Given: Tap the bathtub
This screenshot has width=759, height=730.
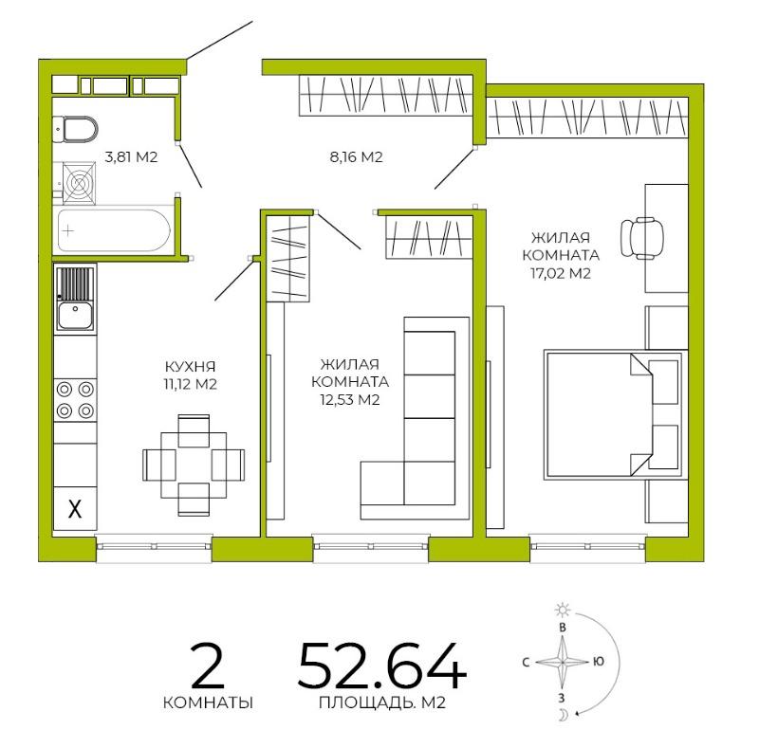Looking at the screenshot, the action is click(x=114, y=230).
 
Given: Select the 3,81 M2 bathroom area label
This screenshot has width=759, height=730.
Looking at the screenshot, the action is click(x=131, y=156).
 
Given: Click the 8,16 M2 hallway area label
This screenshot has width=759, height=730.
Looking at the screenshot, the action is click(x=357, y=156).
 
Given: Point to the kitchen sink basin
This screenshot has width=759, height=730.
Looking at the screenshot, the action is click(x=76, y=315).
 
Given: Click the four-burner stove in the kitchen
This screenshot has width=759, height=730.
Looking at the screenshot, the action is click(x=75, y=400).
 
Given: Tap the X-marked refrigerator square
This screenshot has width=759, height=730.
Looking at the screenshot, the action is click(x=75, y=508).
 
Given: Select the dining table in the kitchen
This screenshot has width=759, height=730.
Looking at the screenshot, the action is click(x=194, y=465).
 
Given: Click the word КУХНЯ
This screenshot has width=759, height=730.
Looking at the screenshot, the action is click(x=191, y=366).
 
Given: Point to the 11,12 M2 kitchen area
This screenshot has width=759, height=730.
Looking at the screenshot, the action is click(x=191, y=384).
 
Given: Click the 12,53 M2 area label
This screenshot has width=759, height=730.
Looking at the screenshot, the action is click(x=349, y=400).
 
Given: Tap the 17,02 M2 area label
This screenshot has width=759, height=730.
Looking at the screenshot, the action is click(x=561, y=273).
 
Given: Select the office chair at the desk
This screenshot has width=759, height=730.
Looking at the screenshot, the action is click(x=642, y=238).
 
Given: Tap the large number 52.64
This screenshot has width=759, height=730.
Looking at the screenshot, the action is click(x=382, y=666).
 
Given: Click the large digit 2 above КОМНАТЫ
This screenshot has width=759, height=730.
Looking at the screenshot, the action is click(x=208, y=666).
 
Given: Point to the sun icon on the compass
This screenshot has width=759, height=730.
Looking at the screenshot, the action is click(x=563, y=611).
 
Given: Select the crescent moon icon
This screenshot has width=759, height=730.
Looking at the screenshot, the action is click(x=564, y=714).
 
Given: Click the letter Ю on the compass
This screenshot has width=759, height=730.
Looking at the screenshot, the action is click(x=599, y=662).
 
